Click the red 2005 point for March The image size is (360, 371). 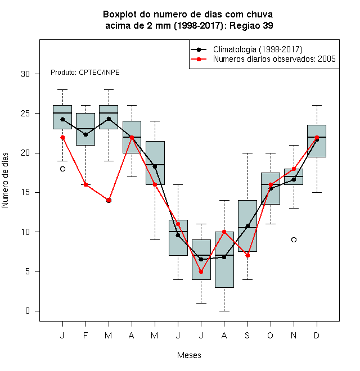tap(109, 201)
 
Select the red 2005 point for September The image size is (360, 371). tap(247, 256)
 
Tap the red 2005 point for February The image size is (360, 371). tap(85, 184)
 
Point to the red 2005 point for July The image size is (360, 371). tap(201, 272)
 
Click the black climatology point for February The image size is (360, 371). tap(85, 135)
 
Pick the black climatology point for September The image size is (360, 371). tap(247, 226)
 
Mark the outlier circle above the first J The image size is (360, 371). tap(62, 169)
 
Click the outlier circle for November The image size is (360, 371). tap(294, 239)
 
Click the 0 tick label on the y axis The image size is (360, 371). tap(28, 311)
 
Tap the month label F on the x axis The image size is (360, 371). tap(85, 335)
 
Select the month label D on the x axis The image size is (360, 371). tap(317, 335)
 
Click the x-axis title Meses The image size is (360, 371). tap(189, 355)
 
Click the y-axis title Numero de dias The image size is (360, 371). tap(5, 180)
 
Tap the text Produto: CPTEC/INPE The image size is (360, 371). tap(85, 73)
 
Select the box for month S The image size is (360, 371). tap(247, 226)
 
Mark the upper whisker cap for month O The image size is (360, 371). tap(271, 153)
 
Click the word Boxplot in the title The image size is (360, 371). tap(120, 15)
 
